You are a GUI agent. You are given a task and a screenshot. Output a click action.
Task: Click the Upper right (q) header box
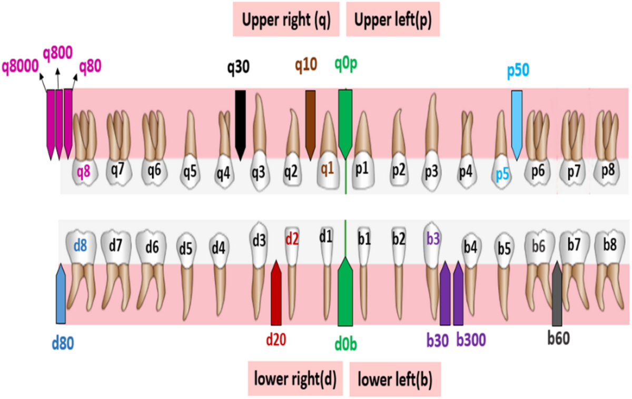(x=286, y=19)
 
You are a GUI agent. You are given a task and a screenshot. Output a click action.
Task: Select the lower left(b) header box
(x=395, y=379)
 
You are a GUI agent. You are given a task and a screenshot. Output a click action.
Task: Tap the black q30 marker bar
(x=240, y=125)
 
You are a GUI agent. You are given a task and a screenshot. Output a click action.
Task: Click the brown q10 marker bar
(x=310, y=125)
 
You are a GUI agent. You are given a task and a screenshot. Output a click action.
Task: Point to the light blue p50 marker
(x=517, y=125)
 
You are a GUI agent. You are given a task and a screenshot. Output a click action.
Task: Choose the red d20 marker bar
(x=276, y=293)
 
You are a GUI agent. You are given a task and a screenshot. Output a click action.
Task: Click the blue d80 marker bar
(x=61, y=294)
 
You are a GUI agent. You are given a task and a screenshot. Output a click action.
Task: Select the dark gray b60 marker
(x=557, y=294)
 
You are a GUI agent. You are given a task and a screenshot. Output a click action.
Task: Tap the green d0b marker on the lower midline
(x=345, y=292)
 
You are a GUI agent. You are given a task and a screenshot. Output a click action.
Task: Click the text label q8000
(x=20, y=66)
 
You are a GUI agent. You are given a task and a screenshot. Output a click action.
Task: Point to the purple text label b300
(x=471, y=340)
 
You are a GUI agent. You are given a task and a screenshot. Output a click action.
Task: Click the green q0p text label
(x=346, y=64)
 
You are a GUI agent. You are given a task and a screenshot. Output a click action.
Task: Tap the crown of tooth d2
(x=292, y=245)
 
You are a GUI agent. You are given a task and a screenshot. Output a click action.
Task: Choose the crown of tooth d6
(x=151, y=247)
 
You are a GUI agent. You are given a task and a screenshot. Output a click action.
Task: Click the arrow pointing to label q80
(x=74, y=82)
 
